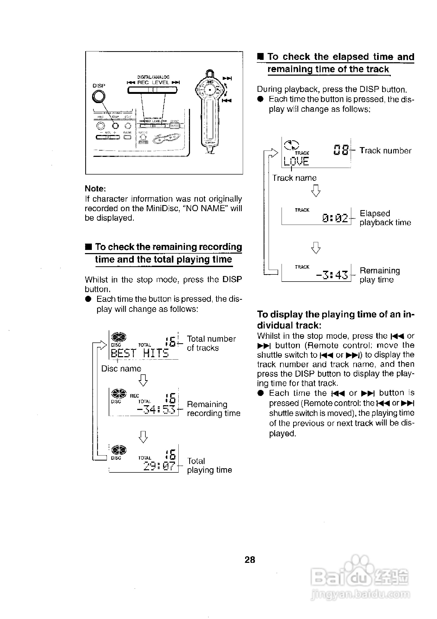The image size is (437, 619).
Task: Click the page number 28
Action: (x=250, y=560)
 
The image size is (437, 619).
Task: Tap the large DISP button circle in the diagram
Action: (x=98, y=96)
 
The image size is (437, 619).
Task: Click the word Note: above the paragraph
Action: (x=95, y=188)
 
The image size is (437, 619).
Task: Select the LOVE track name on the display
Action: (x=296, y=161)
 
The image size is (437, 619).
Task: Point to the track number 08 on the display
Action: (x=341, y=150)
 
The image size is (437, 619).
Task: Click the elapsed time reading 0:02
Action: (x=335, y=218)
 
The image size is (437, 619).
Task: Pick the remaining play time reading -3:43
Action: (x=332, y=275)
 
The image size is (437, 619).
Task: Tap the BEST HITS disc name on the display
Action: (x=140, y=353)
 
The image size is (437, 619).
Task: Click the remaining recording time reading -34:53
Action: (x=156, y=409)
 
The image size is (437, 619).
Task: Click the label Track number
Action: (x=385, y=151)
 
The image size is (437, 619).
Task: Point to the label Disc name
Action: (x=121, y=369)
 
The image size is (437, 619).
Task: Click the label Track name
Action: (x=294, y=178)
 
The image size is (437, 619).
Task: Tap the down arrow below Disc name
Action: (x=143, y=380)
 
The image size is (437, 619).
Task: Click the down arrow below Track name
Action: (x=316, y=191)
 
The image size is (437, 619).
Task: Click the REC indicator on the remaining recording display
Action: (x=134, y=396)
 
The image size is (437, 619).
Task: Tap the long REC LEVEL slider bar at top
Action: (x=152, y=90)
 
